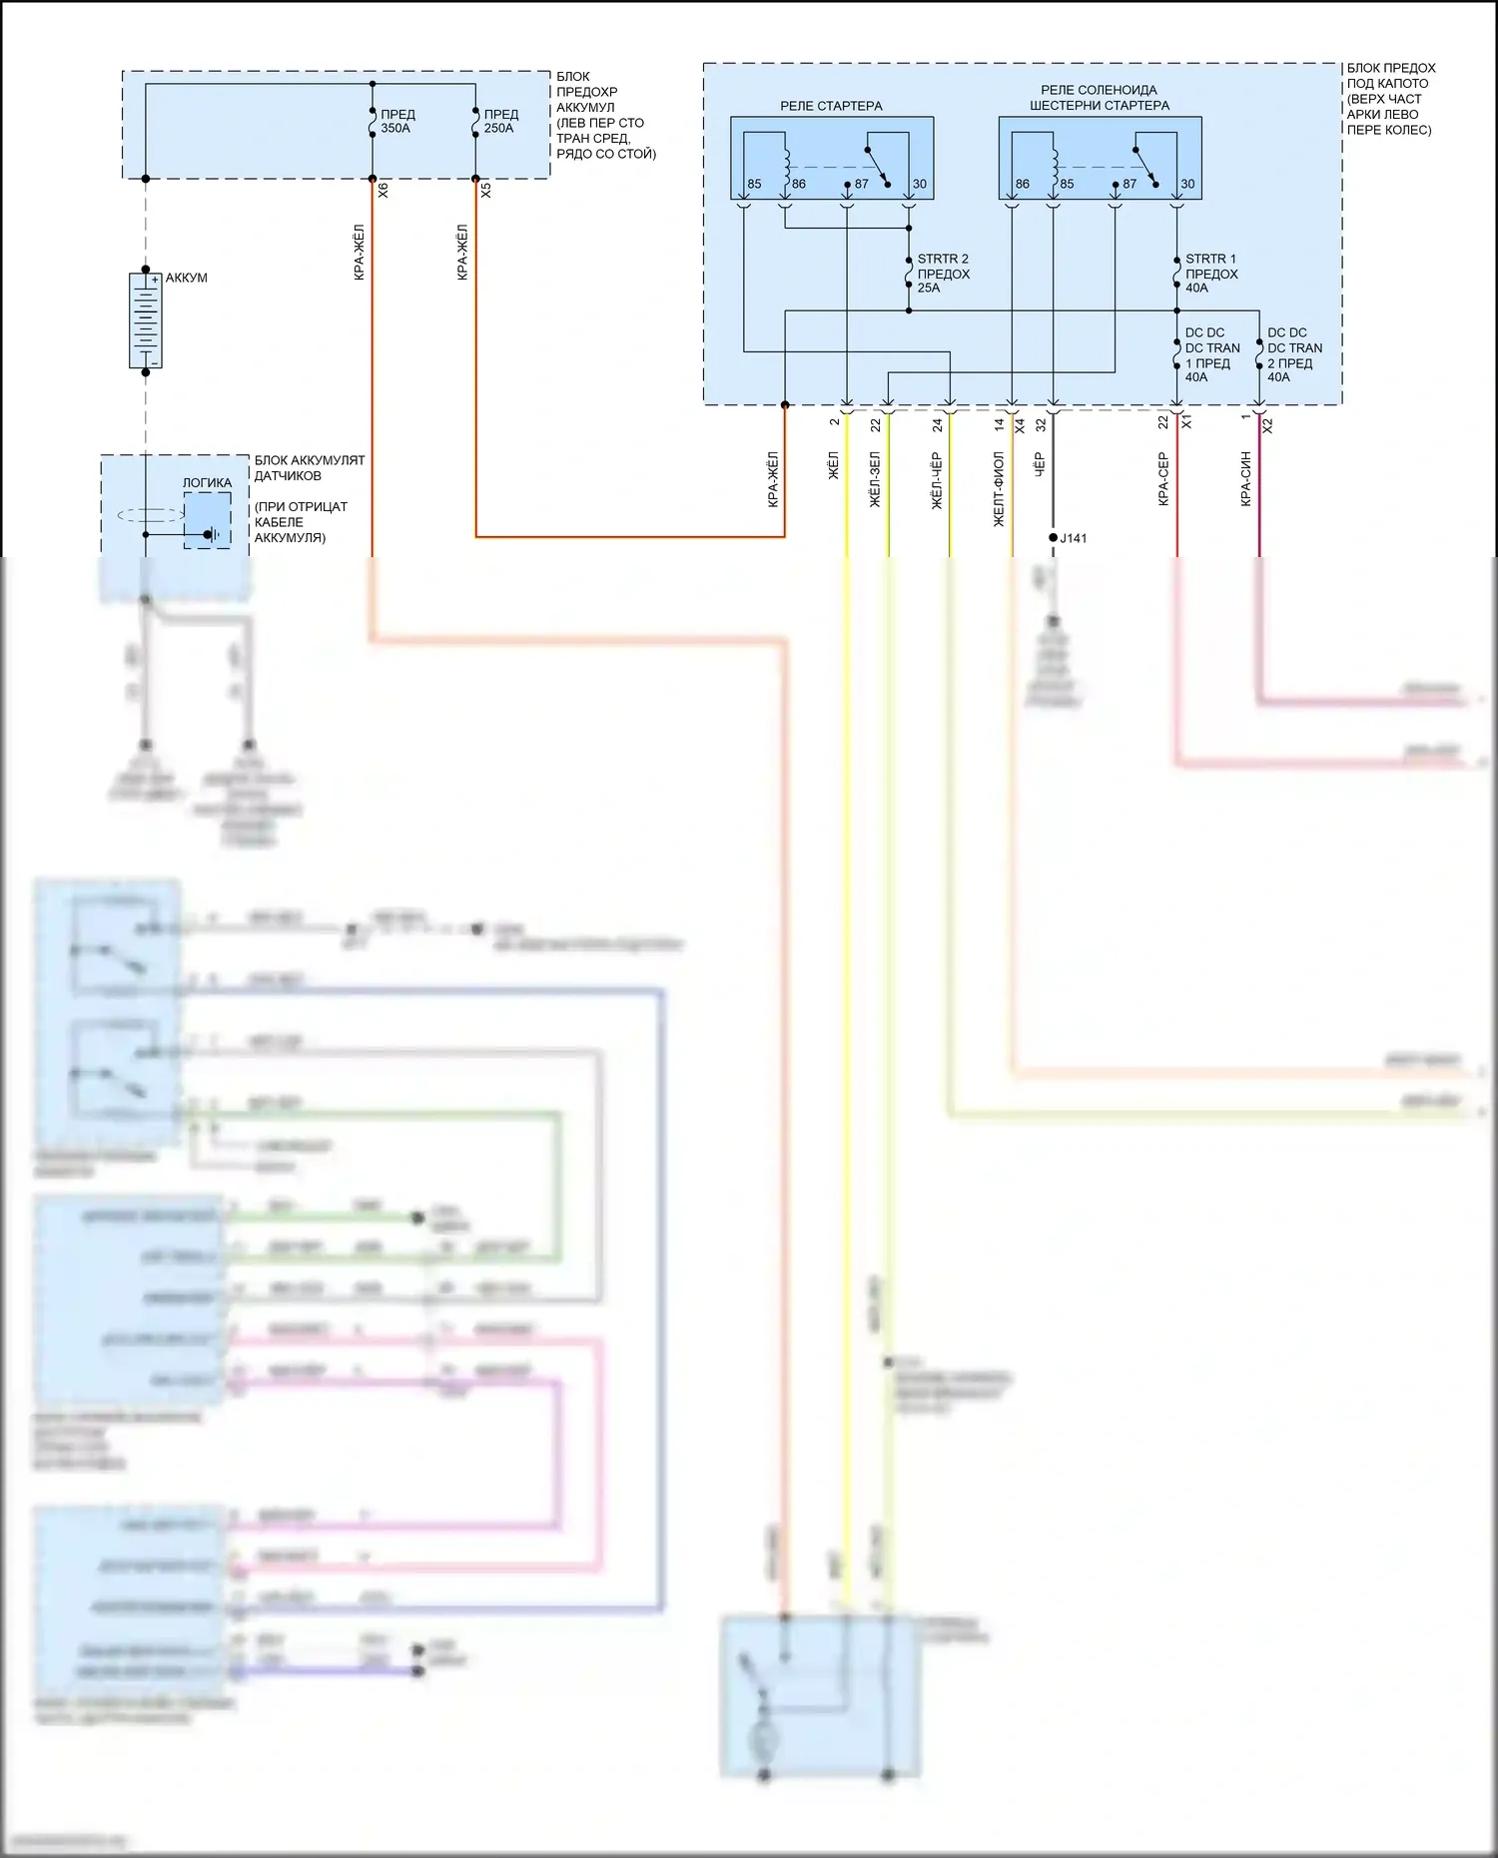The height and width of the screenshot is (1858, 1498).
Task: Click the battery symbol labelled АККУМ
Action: [x=146, y=320]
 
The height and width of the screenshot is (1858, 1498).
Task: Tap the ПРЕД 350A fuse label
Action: [x=396, y=121]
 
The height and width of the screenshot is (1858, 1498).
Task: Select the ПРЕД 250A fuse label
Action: [x=500, y=121]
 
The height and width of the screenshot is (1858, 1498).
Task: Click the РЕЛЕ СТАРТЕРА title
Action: [x=831, y=106]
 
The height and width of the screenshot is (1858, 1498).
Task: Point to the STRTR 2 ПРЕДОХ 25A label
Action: [x=943, y=274]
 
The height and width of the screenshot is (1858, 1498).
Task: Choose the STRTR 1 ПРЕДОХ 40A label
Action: [x=1210, y=274]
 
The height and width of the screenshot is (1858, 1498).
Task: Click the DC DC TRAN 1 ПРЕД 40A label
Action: [x=1211, y=355]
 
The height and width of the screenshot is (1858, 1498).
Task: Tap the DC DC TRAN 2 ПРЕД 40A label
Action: [x=1294, y=355]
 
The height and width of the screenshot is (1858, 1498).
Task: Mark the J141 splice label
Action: [x=1074, y=538]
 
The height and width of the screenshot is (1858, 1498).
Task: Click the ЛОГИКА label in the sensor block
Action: [x=207, y=483]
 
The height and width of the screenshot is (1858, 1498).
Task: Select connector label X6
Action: [x=383, y=190]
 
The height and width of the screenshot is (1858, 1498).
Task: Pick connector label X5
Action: [x=486, y=190]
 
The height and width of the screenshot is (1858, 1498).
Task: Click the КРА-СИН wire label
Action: [x=1246, y=479]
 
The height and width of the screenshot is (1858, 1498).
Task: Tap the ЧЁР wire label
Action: [x=1039, y=465]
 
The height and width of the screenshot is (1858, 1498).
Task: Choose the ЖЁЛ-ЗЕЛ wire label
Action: [x=875, y=480]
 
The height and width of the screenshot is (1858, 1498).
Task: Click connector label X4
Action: [x=1020, y=425]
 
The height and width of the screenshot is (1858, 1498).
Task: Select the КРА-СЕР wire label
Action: [x=1163, y=479]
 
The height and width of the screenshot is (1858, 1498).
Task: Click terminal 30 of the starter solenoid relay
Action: [x=1187, y=184]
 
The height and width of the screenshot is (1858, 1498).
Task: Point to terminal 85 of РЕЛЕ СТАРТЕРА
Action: [x=754, y=184]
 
